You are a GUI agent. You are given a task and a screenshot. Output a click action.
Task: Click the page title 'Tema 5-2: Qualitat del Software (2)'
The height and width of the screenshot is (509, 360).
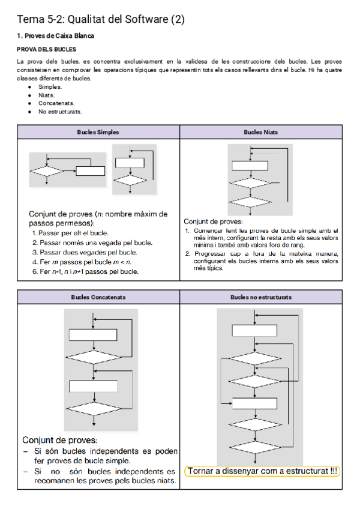pyautogui.click(x=101, y=20)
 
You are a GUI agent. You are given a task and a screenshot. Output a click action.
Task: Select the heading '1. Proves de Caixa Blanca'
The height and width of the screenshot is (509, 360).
pyautogui.click(x=55, y=36)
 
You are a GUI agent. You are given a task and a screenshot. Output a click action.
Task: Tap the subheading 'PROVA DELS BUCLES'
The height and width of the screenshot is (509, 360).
pyautogui.click(x=46, y=49)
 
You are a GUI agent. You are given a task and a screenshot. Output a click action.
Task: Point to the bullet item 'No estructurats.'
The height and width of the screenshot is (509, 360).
pyautogui.click(x=60, y=112)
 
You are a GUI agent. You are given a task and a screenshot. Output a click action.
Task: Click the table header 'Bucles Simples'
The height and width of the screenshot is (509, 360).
pyautogui.click(x=98, y=132)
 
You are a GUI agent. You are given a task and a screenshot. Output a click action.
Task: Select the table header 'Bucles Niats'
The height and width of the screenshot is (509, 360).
pyautogui.click(x=260, y=132)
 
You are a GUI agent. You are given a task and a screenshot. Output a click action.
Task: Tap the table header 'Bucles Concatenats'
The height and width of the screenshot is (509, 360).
pyautogui.click(x=98, y=297)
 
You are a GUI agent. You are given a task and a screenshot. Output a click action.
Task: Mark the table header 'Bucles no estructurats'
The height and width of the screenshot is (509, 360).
pyautogui.click(x=260, y=297)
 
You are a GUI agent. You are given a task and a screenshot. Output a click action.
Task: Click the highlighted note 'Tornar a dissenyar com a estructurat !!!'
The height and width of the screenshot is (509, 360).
pyautogui.click(x=262, y=471)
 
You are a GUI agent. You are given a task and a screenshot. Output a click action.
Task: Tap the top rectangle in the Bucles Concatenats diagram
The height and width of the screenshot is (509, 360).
pyautogui.click(x=94, y=335)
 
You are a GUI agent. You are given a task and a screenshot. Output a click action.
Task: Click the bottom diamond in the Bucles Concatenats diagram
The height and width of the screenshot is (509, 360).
pyautogui.click(x=94, y=409)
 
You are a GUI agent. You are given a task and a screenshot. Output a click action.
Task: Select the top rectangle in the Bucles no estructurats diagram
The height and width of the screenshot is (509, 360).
pyautogui.click(x=255, y=330)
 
